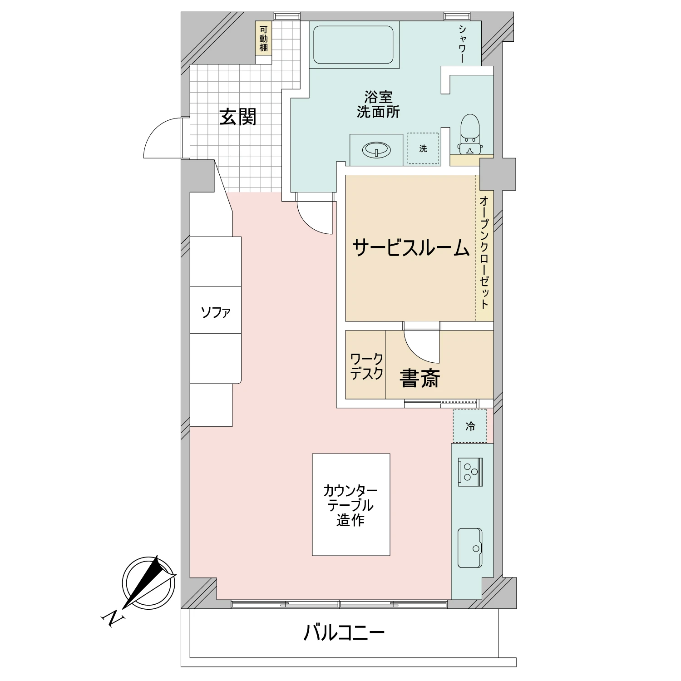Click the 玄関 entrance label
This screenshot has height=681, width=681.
point(238,117)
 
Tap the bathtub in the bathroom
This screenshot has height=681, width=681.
point(353,44)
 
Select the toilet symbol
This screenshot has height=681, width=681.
point(470,134)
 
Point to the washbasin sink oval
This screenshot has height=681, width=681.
point(376,149)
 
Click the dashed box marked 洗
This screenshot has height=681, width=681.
point(423,148)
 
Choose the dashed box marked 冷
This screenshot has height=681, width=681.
point(470,426)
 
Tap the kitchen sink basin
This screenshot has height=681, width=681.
point(469,548)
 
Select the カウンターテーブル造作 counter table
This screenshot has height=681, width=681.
point(351,504)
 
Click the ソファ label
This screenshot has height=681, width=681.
point(215,312)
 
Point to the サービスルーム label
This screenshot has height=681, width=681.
point(410,248)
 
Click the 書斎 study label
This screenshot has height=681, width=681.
point(420,378)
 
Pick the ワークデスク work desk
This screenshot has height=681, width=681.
point(365,365)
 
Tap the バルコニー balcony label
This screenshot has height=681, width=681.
point(344,632)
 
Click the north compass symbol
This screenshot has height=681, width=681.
point(148,582)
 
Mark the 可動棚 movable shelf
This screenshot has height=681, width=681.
point(263,38)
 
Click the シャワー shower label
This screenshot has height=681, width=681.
point(462,44)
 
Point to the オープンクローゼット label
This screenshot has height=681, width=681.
point(484,252)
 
